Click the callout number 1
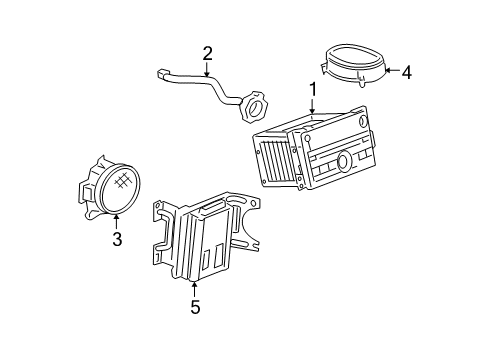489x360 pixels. click(313, 90)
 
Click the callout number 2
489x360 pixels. click(207, 53)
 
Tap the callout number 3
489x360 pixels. click(117, 239)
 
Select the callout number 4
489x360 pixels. click(406, 71)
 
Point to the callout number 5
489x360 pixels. click(195, 308)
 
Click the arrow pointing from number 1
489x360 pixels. click(313, 110)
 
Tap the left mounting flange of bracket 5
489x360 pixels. click(157, 240)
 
